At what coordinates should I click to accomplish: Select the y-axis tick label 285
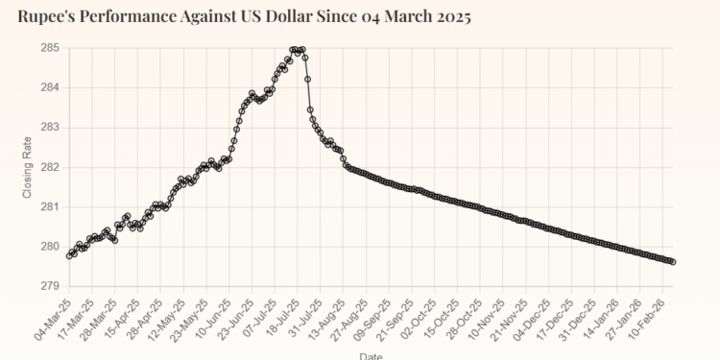[50, 47]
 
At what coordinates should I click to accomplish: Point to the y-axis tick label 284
[50, 87]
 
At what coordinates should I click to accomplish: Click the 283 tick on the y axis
[50, 127]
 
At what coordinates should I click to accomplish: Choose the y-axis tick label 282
[50, 167]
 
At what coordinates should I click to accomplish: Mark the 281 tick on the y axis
[50, 206]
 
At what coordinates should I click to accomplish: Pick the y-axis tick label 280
[50, 247]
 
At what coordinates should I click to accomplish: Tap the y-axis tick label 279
[50, 286]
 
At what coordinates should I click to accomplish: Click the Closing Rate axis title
[27, 167]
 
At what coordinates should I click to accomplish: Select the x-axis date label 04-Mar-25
[53, 317]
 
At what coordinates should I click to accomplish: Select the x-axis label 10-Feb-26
[657, 317]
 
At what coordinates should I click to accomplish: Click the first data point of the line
[68, 255]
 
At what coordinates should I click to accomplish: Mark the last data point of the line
[672, 261]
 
